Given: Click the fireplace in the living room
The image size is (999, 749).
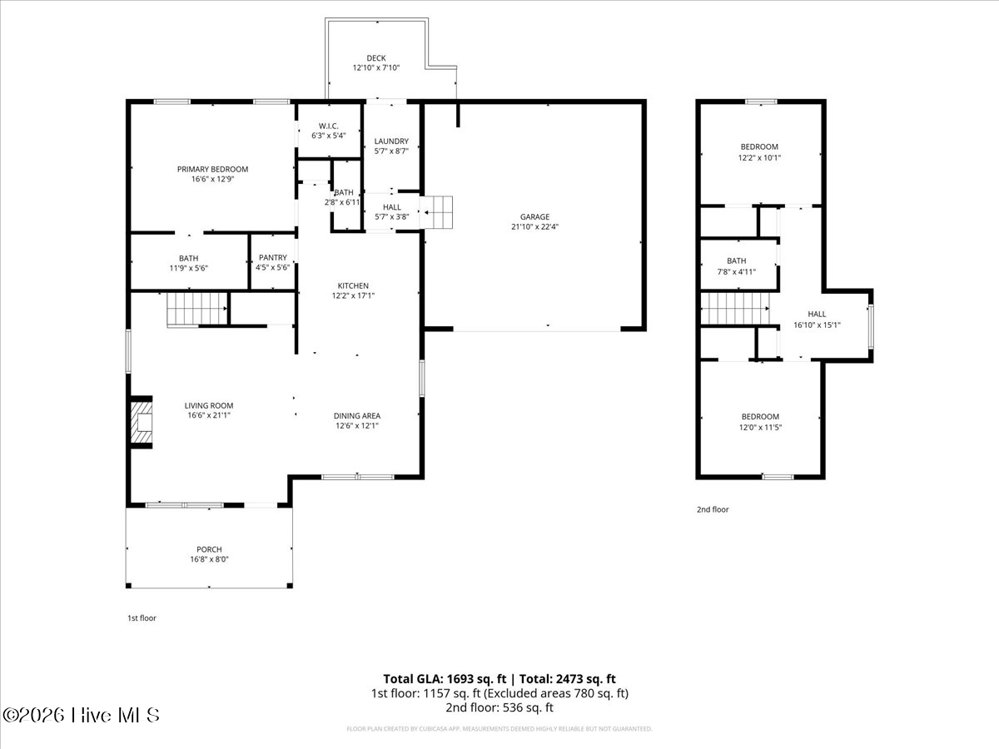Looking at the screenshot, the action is [x=142, y=422].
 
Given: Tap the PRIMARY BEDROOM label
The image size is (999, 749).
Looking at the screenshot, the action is [x=212, y=169].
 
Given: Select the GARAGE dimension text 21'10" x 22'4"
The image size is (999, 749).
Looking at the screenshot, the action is [x=534, y=226].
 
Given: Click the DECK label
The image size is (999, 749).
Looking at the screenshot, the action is [x=376, y=58].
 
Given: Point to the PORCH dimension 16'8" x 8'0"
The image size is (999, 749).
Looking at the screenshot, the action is [x=209, y=559].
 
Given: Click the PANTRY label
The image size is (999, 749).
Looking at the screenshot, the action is [x=272, y=257].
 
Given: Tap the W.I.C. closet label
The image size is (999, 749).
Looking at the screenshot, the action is [x=328, y=126].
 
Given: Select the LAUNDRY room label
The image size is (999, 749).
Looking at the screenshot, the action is [x=391, y=141].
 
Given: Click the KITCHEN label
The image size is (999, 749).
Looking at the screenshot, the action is [x=353, y=285].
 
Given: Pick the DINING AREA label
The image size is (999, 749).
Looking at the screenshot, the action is [x=357, y=415].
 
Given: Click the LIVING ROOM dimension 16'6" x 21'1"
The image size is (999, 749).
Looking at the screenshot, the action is [x=209, y=415].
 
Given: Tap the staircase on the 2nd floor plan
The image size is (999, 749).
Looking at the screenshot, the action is [x=735, y=309].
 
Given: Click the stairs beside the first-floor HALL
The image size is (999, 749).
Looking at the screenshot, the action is [x=436, y=212].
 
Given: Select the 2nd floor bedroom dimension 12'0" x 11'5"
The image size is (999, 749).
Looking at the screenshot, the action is [x=760, y=427].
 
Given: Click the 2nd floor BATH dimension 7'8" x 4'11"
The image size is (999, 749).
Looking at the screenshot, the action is [x=737, y=272].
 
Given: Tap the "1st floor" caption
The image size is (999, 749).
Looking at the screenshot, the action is [x=142, y=618].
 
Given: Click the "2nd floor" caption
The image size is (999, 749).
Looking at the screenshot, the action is [x=713, y=509].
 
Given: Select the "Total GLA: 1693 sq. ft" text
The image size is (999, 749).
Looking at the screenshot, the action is [x=445, y=679].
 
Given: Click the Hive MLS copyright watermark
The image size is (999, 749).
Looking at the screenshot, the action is [x=81, y=716].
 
